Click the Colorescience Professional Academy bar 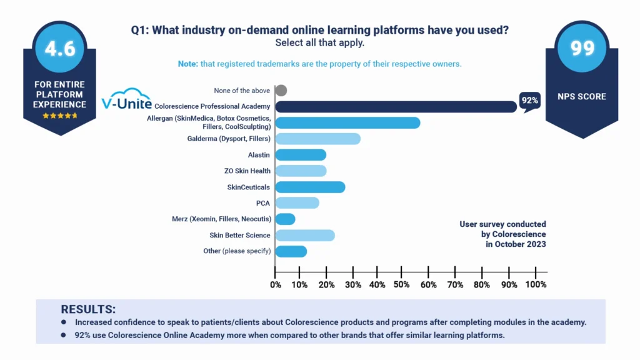click(396, 107)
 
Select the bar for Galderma click(317, 139)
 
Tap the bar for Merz click(285, 219)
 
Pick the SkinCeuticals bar click(310, 187)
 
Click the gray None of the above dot click(281, 91)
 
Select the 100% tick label click(536, 285)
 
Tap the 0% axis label click(276, 285)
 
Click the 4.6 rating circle click(61, 49)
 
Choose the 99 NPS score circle click(582, 49)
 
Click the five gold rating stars click(61, 116)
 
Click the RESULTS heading click(88, 309)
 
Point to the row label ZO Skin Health click(247, 171)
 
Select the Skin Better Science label click(240, 235)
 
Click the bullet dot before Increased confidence click(64, 322)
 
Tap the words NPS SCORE click(582, 97)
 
